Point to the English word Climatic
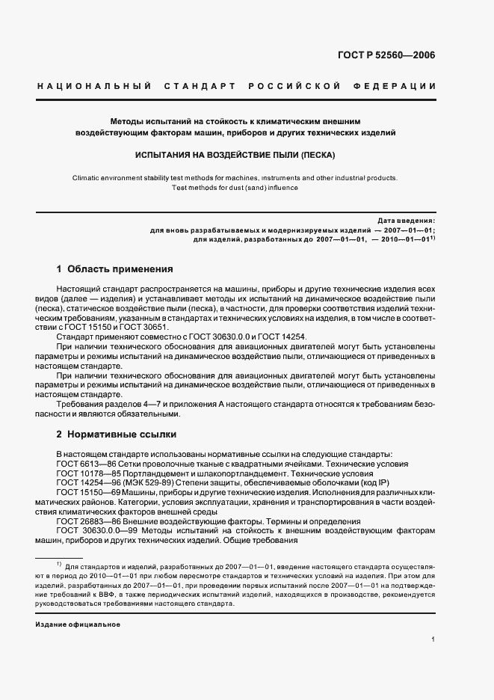(x=88, y=178)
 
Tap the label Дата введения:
(x=406, y=221)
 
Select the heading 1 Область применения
(x=115, y=268)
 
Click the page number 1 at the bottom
(x=433, y=639)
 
